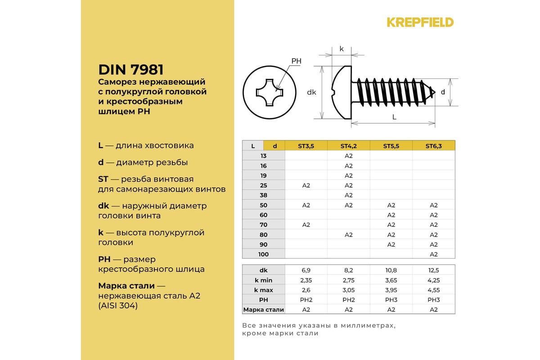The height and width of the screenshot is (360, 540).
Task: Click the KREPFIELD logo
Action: coord(420,22)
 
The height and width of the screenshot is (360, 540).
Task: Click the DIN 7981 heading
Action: coord(130,70)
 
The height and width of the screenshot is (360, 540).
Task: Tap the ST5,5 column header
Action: coord(391,146)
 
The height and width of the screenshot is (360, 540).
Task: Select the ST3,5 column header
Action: coord(306,146)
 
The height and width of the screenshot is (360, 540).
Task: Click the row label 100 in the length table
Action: coord(263,254)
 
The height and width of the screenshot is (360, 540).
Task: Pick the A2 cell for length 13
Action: coord(348,156)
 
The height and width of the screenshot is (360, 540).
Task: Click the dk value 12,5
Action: coord(434,270)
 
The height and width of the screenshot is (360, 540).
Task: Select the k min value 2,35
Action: coord(306,280)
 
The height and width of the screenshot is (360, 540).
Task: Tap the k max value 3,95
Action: coord(391,290)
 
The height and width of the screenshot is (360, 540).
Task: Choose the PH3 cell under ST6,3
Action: coord(434,300)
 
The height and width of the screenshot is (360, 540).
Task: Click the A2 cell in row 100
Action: coord(434,254)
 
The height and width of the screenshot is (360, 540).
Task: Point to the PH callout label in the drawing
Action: coord(296,61)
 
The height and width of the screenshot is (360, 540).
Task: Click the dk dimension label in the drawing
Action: coord(311,93)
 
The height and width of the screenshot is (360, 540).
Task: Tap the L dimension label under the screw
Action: coord(394,117)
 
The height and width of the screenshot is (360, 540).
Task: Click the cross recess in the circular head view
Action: coord(270,93)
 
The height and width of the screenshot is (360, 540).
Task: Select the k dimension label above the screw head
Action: coord(342,49)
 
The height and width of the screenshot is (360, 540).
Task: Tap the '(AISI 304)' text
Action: coord(118,306)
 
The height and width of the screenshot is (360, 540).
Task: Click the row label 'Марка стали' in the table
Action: coord(264,310)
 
